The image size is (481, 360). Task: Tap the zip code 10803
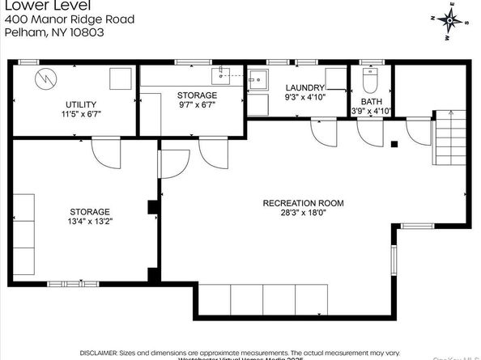(x=86, y=32)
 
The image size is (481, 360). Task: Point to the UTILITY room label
(x=81, y=104)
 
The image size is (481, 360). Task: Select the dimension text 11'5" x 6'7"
(x=81, y=115)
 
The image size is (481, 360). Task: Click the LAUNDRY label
(x=305, y=87)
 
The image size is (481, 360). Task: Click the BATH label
(x=370, y=101)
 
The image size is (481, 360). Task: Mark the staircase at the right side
(x=449, y=138)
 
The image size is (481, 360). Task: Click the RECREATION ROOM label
(x=304, y=203)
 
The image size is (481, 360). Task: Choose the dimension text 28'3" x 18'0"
(x=304, y=214)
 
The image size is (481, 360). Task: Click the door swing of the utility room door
(x=106, y=150)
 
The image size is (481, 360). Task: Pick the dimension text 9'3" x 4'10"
(x=305, y=98)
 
